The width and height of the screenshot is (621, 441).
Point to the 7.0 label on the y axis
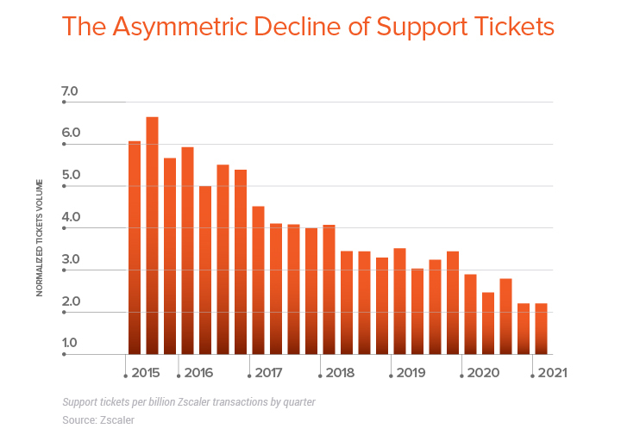(x=70, y=91)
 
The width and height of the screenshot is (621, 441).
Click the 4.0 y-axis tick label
(x=70, y=218)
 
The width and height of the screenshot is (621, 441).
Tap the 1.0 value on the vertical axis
(x=70, y=344)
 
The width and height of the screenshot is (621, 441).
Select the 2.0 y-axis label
(x=70, y=302)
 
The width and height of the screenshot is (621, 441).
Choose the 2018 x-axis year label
(x=340, y=374)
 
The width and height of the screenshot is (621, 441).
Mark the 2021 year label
(x=553, y=374)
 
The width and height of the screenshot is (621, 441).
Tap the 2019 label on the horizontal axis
(x=411, y=374)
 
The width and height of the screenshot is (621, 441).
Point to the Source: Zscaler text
(x=98, y=419)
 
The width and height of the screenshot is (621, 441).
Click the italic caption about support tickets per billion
(x=188, y=401)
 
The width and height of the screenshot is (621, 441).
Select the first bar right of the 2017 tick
(x=258, y=280)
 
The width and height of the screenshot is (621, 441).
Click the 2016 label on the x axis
(x=198, y=374)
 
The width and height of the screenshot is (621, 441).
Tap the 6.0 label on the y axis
(x=70, y=134)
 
